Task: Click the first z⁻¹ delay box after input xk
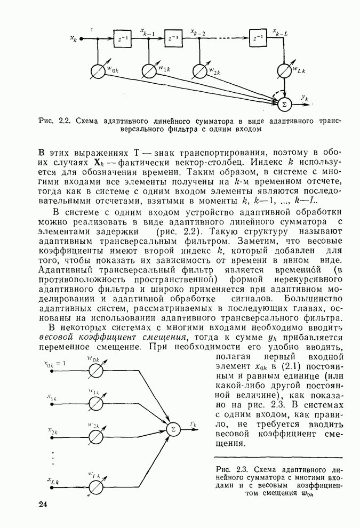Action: coord(122,39)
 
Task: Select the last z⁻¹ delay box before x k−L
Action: coord(258,39)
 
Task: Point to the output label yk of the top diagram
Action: coord(305,98)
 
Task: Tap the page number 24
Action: coord(43,505)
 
